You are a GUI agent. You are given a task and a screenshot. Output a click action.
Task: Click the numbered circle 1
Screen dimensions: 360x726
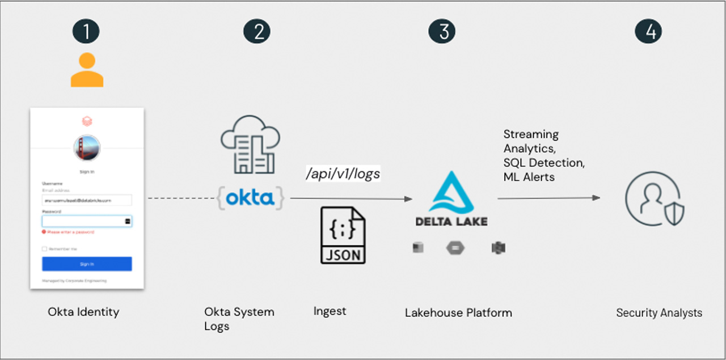(86, 31)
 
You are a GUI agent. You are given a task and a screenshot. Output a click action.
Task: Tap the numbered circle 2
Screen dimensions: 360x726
(257, 31)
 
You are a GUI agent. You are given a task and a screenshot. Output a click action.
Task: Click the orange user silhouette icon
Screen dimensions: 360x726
(87, 70)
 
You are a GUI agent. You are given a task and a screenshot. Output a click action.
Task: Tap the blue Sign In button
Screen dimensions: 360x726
(87, 264)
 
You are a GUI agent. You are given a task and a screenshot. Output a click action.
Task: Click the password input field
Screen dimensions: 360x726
(84, 221)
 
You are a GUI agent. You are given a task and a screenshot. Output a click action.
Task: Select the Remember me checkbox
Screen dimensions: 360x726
(44, 249)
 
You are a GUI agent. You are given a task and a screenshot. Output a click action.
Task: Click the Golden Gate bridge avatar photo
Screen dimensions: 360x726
(87, 147)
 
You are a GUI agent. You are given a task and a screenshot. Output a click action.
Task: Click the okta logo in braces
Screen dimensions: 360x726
(250, 198)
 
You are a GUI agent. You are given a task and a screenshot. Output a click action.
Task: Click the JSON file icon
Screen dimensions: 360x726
(343, 235)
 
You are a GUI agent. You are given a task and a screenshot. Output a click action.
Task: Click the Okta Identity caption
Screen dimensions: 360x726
(83, 311)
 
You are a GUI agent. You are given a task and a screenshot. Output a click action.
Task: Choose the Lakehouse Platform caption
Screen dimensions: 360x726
(458, 312)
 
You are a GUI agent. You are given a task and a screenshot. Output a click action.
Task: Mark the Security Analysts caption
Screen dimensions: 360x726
(659, 313)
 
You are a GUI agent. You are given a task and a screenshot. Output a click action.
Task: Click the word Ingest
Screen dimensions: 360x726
(330, 311)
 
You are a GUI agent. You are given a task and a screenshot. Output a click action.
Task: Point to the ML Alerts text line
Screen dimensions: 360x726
(529, 177)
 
